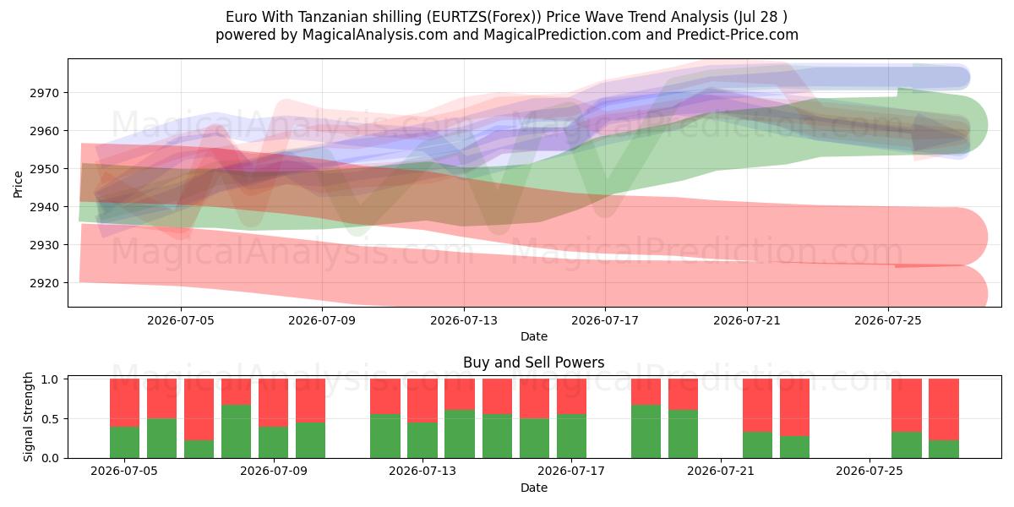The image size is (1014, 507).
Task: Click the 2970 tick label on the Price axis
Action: [44, 93]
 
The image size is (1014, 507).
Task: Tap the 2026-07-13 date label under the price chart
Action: [464, 320]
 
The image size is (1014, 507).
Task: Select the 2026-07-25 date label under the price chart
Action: [888, 320]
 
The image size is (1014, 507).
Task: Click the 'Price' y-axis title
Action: [18, 184]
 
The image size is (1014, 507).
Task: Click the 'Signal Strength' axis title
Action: [28, 417]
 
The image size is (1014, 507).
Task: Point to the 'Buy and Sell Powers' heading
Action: [534, 363]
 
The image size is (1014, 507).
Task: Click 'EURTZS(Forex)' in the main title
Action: [487, 17]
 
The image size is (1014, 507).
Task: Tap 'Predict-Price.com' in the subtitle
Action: [738, 35]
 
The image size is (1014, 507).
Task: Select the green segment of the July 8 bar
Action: [236, 432]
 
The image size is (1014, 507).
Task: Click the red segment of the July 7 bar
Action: [199, 410]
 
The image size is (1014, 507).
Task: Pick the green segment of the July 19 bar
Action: [646, 432]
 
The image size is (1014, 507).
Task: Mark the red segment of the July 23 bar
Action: [794, 407]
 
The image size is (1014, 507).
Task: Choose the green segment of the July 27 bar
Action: [943, 449]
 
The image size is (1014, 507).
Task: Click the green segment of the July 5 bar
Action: [124, 442]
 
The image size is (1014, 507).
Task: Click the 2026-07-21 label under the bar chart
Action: [721, 471]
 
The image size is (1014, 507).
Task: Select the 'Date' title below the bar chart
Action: [534, 488]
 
